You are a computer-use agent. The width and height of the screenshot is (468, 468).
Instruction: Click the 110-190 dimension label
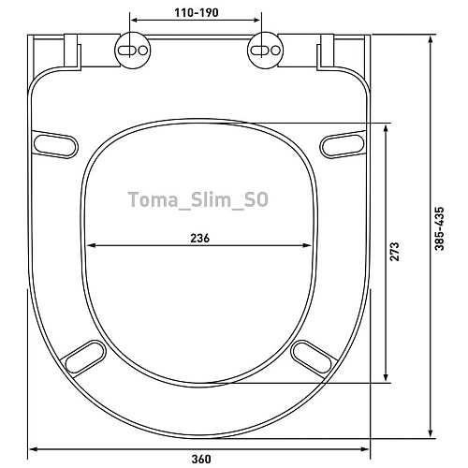tap(197, 12)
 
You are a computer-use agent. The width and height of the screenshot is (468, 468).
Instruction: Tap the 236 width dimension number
tap(200, 238)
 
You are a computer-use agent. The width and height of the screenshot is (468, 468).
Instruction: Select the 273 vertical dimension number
tap(394, 252)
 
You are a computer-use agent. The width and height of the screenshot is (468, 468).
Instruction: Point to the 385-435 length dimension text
tap(439, 228)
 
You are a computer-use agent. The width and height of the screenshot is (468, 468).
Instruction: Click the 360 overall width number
tap(201, 459)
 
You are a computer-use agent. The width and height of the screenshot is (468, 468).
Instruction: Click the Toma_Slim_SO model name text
tap(198, 199)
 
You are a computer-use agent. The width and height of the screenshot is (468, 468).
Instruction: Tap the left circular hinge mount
tap(133, 50)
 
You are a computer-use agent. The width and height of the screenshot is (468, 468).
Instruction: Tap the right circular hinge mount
tap(265, 50)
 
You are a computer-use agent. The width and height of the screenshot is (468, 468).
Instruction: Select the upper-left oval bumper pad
tap(55, 145)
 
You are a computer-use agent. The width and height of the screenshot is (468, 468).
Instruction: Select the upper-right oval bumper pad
tap(343, 145)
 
